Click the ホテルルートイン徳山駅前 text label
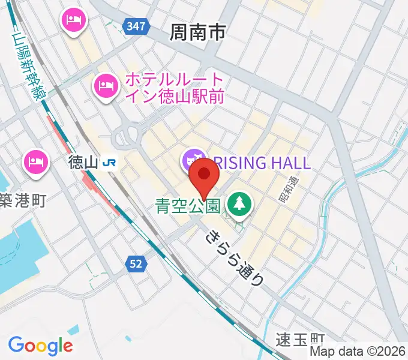point(174,88)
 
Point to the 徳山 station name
point(82,162)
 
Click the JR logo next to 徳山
point(109,162)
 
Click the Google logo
point(40,346)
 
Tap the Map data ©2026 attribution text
point(358,352)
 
